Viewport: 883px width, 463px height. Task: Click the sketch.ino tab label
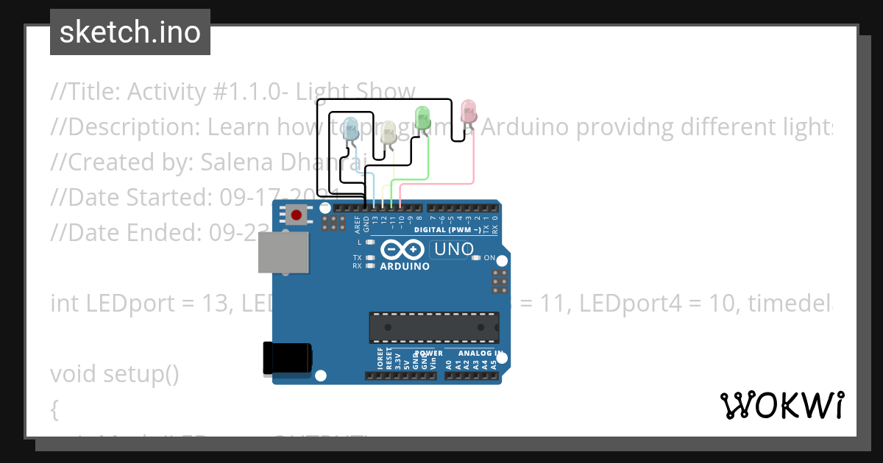point(130,32)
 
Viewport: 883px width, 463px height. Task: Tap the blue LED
point(352,128)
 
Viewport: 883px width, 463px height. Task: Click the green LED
point(422,118)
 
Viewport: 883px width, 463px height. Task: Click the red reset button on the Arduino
point(296,215)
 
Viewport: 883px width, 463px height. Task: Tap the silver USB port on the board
point(283,253)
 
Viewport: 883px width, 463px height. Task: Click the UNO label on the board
point(454,249)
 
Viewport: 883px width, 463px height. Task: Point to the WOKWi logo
point(781,405)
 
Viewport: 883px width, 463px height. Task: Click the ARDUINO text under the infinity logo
point(405,266)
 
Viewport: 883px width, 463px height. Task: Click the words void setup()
point(115,374)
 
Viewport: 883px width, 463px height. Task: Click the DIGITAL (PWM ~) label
point(447,230)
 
